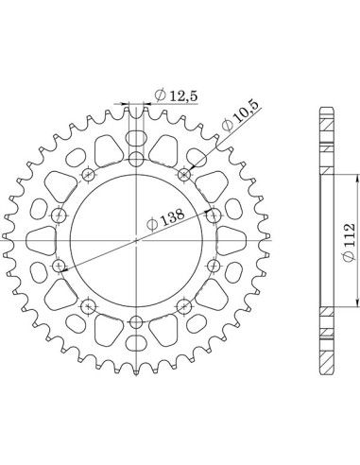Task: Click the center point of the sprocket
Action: (x=137, y=240)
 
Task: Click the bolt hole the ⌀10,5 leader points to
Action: (x=183, y=174)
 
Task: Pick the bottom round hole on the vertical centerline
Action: (x=137, y=324)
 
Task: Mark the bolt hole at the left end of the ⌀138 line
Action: (x=62, y=267)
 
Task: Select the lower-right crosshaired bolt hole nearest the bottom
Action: (x=183, y=306)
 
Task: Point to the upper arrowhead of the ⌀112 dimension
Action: (x=357, y=177)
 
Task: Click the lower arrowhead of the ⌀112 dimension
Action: (x=357, y=303)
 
